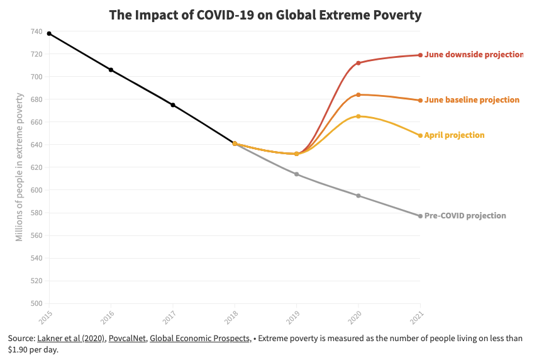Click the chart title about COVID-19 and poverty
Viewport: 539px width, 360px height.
(265, 14)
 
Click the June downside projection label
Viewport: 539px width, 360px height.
(473, 55)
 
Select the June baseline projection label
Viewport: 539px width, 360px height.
(472, 100)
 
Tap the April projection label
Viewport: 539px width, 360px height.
(454, 135)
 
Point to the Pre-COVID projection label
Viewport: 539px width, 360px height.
(465, 216)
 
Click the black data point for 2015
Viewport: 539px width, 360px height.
(49, 33)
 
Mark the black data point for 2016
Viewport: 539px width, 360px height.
(111, 70)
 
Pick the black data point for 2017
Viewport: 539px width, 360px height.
(173, 105)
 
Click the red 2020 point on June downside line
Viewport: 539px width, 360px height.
(358, 63)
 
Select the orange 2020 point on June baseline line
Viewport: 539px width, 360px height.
(358, 94)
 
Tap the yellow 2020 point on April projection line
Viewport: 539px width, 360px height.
(358, 116)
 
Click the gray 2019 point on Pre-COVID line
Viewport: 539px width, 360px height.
(297, 174)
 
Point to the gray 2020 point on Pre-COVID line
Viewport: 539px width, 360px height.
(358, 196)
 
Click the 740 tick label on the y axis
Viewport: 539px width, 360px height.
(36, 31)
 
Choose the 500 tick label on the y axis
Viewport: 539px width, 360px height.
(36, 303)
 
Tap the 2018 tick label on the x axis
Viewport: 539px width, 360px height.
(233, 316)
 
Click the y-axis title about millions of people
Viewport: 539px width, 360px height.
(19, 167)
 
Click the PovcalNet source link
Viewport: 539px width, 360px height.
(127, 339)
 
